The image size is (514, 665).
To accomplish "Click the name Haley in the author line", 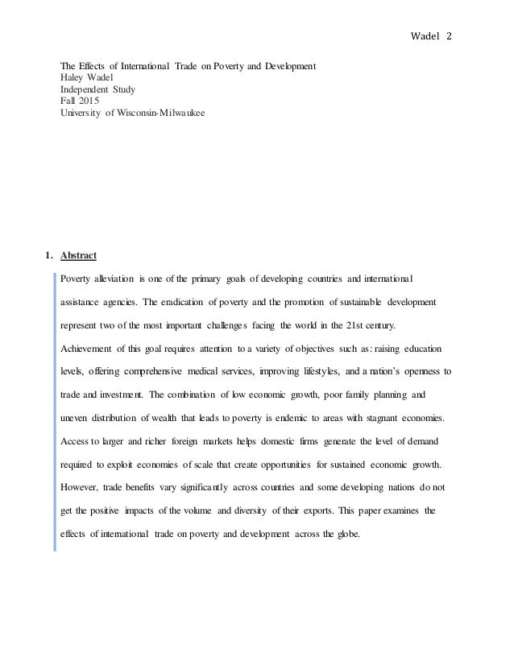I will click(x=75, y=78).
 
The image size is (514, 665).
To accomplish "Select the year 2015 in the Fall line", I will click(x=91, y=102).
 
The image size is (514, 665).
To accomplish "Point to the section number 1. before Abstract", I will click(x=50, y=256).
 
